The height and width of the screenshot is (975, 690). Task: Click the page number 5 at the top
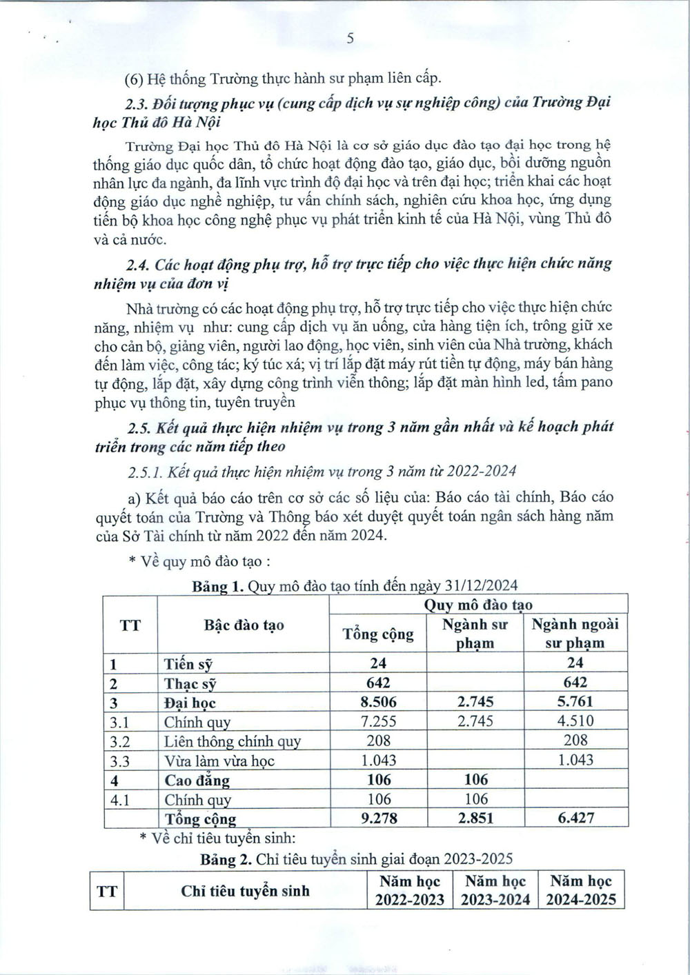(x=350, y=39)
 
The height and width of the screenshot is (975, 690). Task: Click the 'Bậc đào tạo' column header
(x=244, y=625)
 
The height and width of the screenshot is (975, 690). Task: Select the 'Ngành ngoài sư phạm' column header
(x=575, y=633)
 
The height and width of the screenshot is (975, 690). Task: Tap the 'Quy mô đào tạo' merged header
(x=477, y=605)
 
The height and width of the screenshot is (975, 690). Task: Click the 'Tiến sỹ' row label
(x=188, y=664)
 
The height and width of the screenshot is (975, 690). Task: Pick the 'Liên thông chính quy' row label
(x=232, y=742)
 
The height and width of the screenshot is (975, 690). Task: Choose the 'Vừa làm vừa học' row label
(x=219, y=761)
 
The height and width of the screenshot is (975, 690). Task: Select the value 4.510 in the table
(x=575, y=722)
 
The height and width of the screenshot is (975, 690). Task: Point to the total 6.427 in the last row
(x=575, y=818)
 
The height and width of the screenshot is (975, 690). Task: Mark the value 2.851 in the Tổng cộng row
(x=475, y=818)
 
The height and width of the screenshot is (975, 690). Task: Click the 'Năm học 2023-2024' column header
(x=495, y=890)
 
